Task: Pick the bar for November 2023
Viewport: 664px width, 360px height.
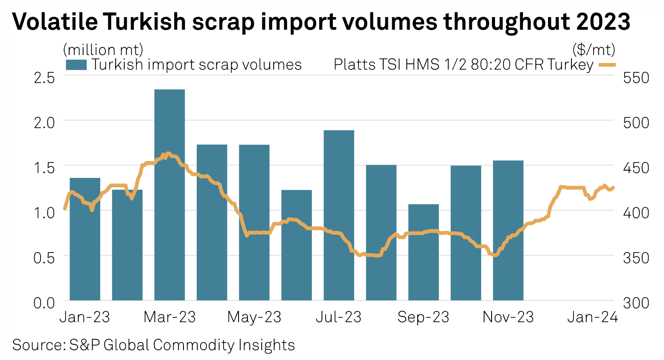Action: tap(508, 230)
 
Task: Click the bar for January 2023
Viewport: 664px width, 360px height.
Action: tap(85, 239)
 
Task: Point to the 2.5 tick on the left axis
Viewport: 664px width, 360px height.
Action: tap(44, 78)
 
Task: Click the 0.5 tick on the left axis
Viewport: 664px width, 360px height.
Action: tap(44, 258)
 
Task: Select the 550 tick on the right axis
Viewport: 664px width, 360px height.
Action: tap(636, 78)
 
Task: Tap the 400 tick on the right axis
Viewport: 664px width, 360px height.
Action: tap(636, 212)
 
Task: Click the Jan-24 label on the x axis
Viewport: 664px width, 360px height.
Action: tap(592, 317)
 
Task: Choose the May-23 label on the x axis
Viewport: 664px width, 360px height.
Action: tap(254, 317)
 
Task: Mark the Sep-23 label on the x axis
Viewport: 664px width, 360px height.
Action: tap(423, 317)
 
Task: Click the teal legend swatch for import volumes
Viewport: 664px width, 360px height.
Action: tap(76, 65)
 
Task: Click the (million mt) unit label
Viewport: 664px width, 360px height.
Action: tap(103, 50)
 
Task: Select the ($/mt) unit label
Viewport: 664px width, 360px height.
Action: tap(594, 50)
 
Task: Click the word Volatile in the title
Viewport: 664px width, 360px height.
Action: tap(55, 21)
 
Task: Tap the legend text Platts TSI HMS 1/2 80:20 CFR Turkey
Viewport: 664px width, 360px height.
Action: tap(463, 65)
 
